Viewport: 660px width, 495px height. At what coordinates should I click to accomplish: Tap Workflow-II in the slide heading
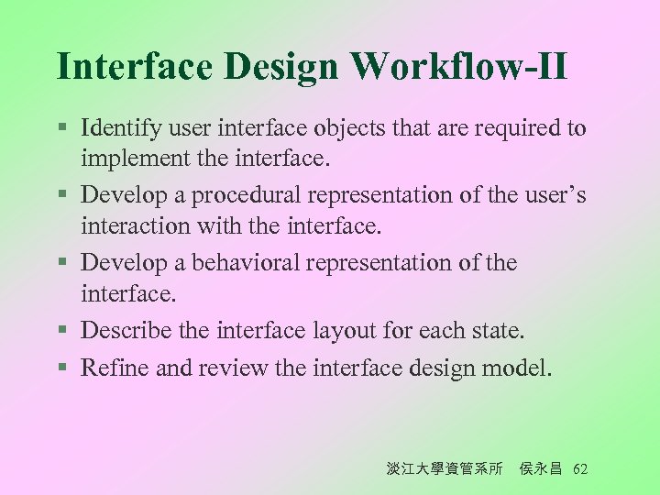click(x=458, y=67)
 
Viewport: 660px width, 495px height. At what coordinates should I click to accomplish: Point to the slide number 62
click(x=579, y=469)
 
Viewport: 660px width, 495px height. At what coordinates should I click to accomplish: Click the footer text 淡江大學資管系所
click(x=445, y=469)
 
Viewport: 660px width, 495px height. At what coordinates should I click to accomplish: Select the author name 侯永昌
click(x=542, y=469)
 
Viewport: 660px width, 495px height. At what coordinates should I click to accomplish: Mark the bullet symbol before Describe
click(x=61, y=329)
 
